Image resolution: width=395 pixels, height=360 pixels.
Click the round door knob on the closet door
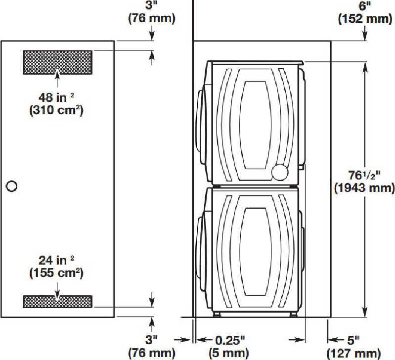point(11,186)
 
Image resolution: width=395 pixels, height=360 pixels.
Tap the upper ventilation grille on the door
point(57,62)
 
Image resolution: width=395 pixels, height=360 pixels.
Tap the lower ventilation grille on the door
point(57,302)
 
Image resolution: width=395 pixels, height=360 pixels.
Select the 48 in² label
point(56,97)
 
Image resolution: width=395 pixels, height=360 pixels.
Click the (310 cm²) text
point(56,110)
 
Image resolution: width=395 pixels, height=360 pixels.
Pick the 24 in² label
point(56,260)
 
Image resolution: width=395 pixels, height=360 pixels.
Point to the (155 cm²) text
point(56,273)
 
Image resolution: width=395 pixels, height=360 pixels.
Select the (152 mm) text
point(365,19)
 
